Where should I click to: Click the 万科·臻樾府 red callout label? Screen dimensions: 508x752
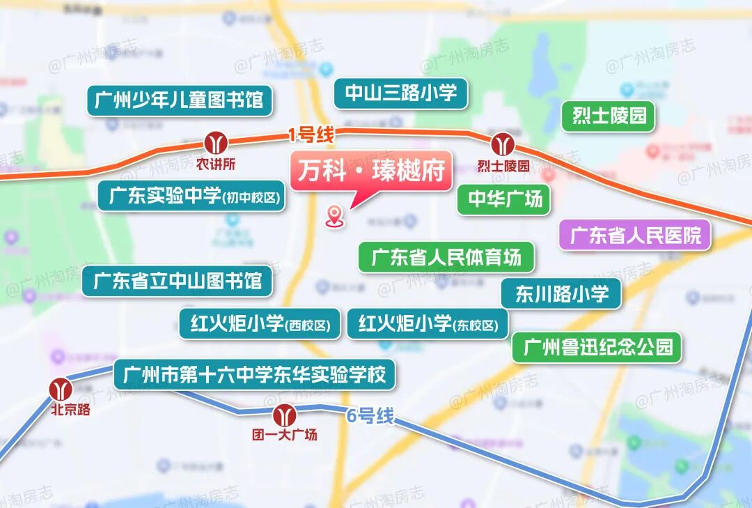372,171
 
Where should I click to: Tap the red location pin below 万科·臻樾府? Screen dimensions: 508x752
336,216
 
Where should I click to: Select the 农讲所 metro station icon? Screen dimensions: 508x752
216,143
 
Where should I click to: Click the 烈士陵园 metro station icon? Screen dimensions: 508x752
503,145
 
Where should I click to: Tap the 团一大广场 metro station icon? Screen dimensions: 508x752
284,415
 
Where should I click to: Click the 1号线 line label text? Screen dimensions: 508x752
311,134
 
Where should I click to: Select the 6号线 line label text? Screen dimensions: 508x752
370,417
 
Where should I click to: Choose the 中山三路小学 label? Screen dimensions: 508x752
400,93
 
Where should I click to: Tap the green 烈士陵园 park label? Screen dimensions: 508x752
609,116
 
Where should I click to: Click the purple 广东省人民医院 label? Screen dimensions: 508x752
635,235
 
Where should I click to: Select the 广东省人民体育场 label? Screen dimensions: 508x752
446,257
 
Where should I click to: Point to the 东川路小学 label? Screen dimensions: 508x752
561,293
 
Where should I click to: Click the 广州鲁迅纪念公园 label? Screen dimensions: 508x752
597,346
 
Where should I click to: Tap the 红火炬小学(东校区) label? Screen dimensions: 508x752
428,323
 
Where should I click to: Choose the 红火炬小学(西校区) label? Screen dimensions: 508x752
260,323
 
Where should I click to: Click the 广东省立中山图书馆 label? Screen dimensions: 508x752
177,281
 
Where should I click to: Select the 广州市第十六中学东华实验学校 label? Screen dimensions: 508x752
255,375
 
